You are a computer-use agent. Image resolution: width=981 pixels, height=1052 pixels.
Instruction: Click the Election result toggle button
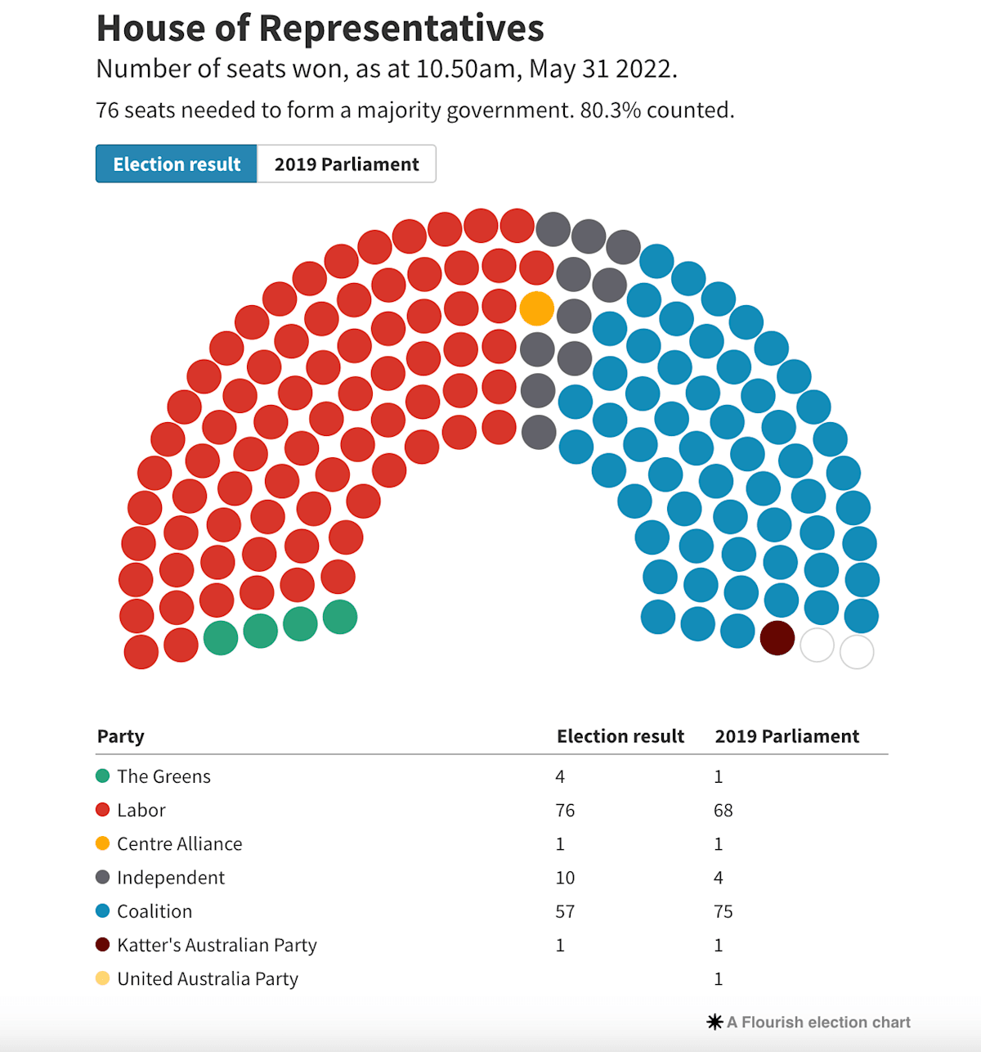[x=176, y=164]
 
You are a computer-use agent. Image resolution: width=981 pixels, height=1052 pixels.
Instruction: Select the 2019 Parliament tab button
[x=347, y=164]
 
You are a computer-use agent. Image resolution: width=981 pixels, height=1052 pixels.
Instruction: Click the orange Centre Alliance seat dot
[x=537, y=308]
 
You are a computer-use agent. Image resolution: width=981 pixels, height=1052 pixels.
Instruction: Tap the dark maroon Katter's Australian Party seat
[x=777, y=638]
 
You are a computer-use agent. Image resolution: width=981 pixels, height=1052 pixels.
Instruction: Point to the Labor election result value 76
[x=565, y=810]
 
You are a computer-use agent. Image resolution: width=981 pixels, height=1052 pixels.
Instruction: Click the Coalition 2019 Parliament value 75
[x=723, y=911]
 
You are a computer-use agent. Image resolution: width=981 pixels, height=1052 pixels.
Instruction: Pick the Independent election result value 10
[x=565, y=878]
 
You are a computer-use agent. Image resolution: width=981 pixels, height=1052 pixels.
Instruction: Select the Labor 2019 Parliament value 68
[x=723, y=810]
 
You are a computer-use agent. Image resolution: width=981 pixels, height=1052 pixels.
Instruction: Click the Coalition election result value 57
[x=565, y=911]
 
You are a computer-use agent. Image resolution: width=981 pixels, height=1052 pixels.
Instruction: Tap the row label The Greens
[x=163, y=776]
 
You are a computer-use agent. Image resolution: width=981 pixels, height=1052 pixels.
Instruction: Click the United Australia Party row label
[x=208, y=978]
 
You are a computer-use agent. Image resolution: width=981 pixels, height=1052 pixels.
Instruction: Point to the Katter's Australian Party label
[x=217, y=945]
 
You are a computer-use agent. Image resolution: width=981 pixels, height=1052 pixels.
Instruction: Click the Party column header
[x=121, y=736]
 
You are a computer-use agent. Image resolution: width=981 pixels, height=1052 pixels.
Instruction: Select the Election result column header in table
[x=620, y=736]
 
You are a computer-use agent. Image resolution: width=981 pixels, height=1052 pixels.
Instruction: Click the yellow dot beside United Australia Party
[x=102, y=978]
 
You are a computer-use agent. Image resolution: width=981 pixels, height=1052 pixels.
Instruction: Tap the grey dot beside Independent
[x=102, y=877]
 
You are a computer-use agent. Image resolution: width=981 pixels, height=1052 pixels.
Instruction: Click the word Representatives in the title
[x=401, y=29]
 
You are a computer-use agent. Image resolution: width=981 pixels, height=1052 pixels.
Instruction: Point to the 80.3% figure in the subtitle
[x=610, y=110]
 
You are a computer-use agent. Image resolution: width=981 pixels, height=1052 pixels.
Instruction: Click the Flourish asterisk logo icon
[x=714, y=1023]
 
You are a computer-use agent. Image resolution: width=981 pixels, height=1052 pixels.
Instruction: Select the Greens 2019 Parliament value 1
[x=719, y=776]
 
